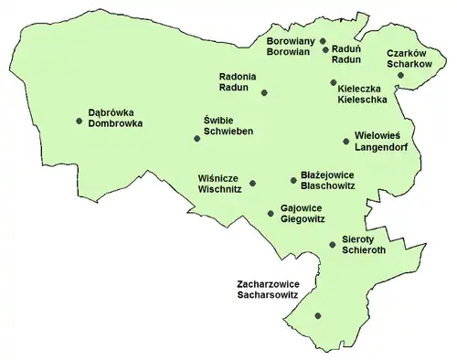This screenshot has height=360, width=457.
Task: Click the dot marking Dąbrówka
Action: [80, 119]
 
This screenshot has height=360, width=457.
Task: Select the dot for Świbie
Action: [197, 139]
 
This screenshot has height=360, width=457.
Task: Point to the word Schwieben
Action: [228, 132]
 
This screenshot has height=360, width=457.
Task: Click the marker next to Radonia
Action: [264, 93]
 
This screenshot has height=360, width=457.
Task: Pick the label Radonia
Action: [239, 76]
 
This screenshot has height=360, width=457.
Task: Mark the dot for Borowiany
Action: [323, 41]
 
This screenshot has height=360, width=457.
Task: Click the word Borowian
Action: [291, 53]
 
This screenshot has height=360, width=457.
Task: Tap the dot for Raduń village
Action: [325, 50]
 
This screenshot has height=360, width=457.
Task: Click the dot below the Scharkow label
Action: [400, 77]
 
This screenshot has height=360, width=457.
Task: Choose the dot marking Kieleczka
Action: [334, 83]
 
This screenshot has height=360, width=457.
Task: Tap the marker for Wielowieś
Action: [345, 141]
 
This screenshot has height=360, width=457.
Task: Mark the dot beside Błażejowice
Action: [292, 180]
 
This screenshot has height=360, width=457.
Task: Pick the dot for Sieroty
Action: [332, 244]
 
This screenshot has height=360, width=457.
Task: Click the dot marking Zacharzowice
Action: [318, 316]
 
